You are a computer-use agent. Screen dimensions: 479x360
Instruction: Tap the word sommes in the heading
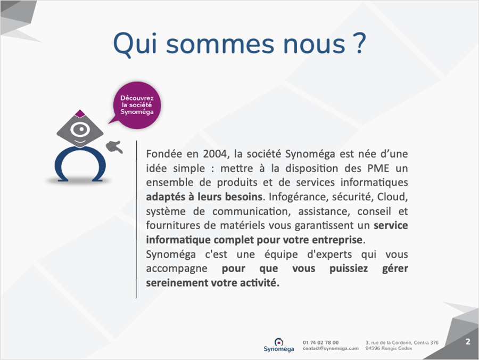[x=220, y=45]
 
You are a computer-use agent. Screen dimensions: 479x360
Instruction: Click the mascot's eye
[x=80, y=129]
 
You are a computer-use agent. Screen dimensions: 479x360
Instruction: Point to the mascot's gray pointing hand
[x=114, y=146]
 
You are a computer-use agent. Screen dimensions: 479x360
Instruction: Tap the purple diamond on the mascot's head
[x=80, y=113]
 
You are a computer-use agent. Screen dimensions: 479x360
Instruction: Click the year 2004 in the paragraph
[x=216, y=154]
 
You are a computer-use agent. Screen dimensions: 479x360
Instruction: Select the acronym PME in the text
[x=378, y=168]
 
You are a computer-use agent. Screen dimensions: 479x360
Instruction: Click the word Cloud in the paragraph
[x=392, y=197]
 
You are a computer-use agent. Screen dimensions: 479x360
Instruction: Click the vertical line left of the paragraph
[x=136, y=219]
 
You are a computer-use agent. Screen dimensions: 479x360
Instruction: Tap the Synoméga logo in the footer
[x=278, y=345]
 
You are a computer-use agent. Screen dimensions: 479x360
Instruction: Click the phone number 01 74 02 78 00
[x=320, y=342]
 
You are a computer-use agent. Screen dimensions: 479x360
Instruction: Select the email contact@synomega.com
[x=331, y=348]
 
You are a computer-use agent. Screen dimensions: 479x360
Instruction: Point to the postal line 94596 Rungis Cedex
[x=389, y=348]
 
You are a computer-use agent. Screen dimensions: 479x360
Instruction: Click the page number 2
[x=468, y=342]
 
